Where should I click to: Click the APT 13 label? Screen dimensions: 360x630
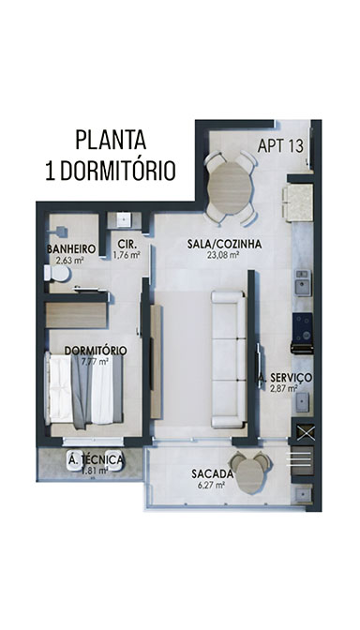(280, 146)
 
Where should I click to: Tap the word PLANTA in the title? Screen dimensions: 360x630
(111, 141)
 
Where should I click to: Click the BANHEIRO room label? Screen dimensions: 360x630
(71, 249)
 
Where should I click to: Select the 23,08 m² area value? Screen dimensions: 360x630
(224, 254)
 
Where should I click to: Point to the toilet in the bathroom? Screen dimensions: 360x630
(57, 274)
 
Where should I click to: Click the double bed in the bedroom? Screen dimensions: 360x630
(84, 388)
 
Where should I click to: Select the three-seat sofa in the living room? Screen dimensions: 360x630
(229, 360)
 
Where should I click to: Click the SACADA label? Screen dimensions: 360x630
(212, 474)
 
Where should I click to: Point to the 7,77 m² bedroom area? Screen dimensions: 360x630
(95, 361)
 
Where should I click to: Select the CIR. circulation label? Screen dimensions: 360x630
(127, 244)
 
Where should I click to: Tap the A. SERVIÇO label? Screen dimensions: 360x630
(285, 378)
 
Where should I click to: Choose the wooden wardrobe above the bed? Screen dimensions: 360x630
(76, 315)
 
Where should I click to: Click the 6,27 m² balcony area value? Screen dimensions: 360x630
(211, 485)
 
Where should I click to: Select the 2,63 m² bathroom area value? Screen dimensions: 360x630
(70, 260)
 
